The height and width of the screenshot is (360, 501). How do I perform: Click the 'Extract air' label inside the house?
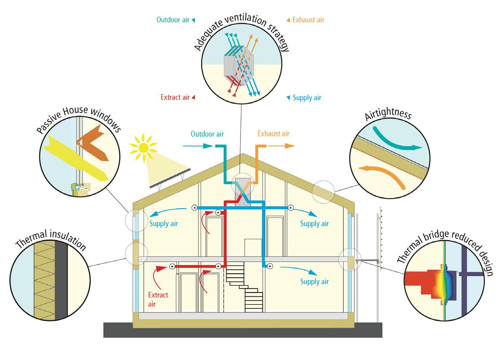(158, 299)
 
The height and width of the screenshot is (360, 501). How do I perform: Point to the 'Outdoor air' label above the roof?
(208, 133)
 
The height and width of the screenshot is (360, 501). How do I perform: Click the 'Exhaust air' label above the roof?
(273, 133)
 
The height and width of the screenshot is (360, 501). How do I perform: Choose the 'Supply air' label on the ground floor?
(314, 281)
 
